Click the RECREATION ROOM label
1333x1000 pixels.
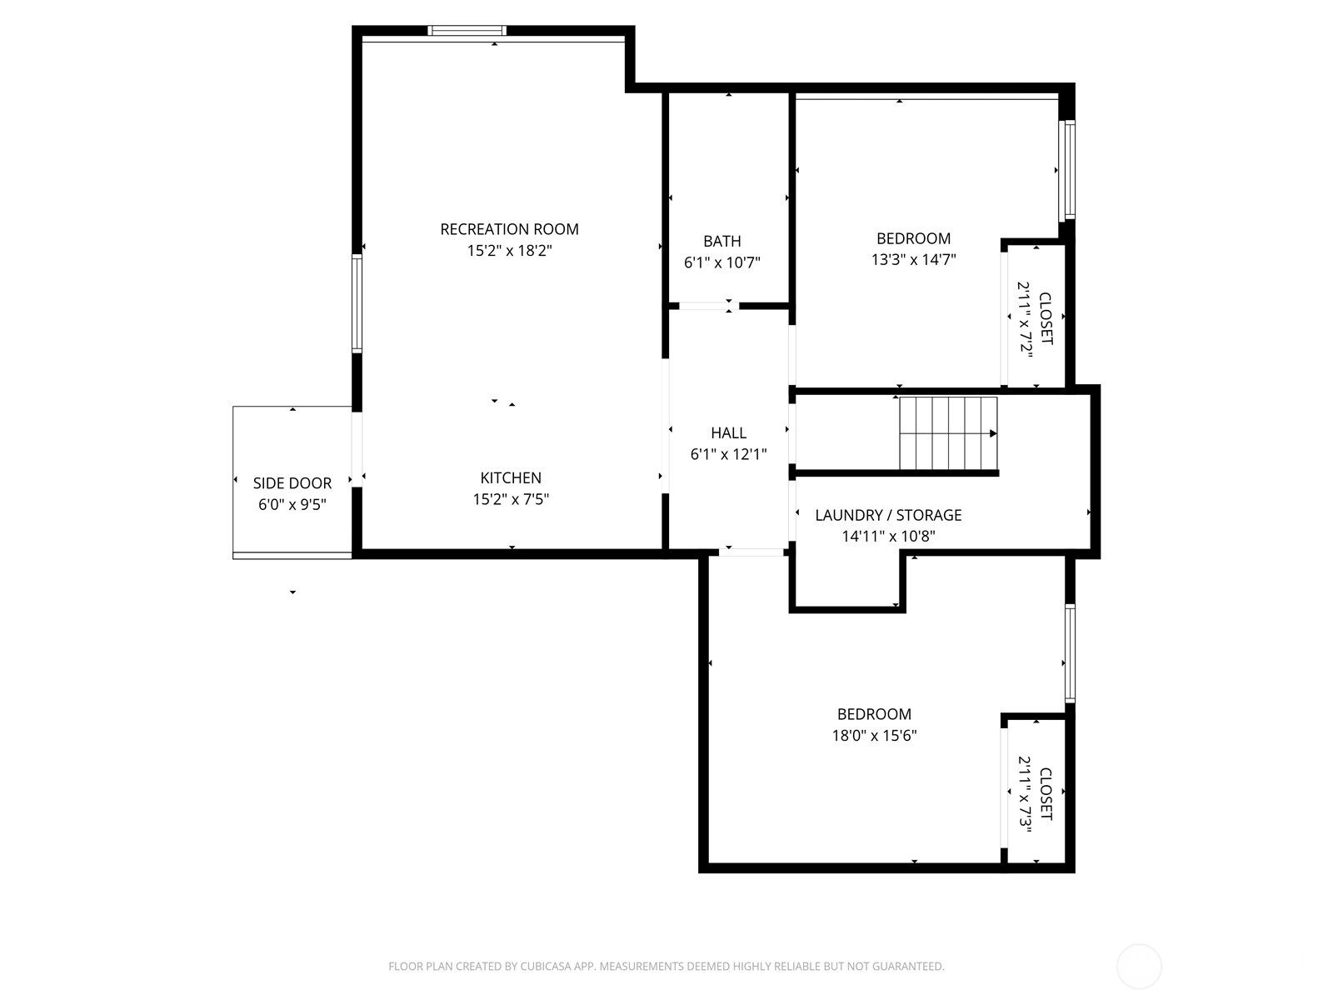(x=509, y=229)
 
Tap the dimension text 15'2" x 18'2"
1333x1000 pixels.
(x=509, y=251)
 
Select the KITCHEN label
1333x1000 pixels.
(x=511, y=477)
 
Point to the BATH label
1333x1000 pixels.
(x=722, y=242)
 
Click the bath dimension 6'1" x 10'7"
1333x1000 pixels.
(x=722, y=262)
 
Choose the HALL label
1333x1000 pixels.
(x=728, y=432)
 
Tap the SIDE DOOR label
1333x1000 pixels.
(x=292, y=483)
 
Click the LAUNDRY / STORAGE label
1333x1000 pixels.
(x=888, y=516)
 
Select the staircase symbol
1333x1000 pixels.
(x=948, y=433)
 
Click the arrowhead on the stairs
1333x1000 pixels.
(x=994, y=433)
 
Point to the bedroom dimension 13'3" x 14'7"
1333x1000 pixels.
(x=913, y=260)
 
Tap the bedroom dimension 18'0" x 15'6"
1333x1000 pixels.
(x=874, y=736)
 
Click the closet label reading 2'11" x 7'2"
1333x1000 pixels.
(x=1025, y=319)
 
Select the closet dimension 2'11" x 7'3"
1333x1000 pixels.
(x=1025, y=794)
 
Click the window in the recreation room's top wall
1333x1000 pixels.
(x=467, y=30)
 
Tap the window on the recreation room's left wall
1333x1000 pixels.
(x=357, y=303)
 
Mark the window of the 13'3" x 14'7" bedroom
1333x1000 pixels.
(x=1070, y=171)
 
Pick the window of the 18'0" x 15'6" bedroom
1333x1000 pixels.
(x=1070, y=654)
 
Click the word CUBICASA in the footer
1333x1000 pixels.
(x=543, y=967)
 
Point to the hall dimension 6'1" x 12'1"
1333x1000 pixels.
(x=728, y=454)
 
